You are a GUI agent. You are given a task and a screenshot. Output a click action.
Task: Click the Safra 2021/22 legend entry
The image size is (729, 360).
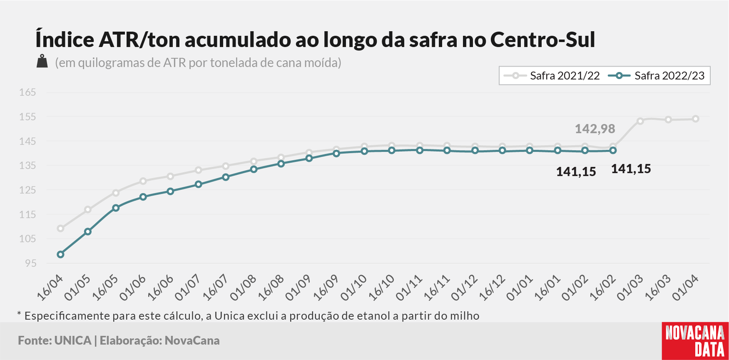tap(552, 76)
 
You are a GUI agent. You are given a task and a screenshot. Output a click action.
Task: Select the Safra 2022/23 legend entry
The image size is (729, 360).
tap(656, 76)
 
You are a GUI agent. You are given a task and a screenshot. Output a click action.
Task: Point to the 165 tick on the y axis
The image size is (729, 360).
tap(27, 92)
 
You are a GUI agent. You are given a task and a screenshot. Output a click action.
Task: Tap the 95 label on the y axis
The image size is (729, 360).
tap(31, 263)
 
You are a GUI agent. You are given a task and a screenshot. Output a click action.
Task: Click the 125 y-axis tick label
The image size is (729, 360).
tap(27, 190)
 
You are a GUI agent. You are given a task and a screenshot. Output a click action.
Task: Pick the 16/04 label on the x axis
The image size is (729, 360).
tap(50, 288)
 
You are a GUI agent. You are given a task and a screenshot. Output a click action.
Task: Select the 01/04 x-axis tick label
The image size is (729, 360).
tap(685, 288)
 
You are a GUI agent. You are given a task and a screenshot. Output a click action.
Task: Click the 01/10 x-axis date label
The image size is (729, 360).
tap(353, 288)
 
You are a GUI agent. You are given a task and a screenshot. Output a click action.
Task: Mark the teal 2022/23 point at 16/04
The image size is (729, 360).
tap(60, 254)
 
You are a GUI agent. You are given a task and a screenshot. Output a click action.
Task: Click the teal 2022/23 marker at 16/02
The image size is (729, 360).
tap(613, 150)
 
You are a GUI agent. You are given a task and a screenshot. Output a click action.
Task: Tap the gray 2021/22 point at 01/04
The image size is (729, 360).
tap(695, 119)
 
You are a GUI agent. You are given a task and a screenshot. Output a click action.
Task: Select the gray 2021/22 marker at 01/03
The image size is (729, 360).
tap(640, 121)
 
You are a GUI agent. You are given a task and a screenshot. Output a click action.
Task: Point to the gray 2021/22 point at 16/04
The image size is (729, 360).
tap(60, 228)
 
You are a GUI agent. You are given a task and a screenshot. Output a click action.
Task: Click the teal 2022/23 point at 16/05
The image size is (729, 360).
tap(116, 208)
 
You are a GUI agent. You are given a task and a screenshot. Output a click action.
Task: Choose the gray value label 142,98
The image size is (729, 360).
tap(595, 129)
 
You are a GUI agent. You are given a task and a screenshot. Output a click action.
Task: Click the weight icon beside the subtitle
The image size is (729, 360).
tap(42, 61)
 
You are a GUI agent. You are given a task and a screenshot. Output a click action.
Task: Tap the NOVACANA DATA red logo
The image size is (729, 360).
tap(695, 341)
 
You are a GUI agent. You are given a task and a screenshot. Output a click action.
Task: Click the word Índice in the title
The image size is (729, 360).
tap(65, 39)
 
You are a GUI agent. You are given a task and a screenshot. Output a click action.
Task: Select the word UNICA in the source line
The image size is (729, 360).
tap(73, 340)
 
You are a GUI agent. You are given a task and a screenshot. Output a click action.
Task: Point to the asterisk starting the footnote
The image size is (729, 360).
tap(19, 313)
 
